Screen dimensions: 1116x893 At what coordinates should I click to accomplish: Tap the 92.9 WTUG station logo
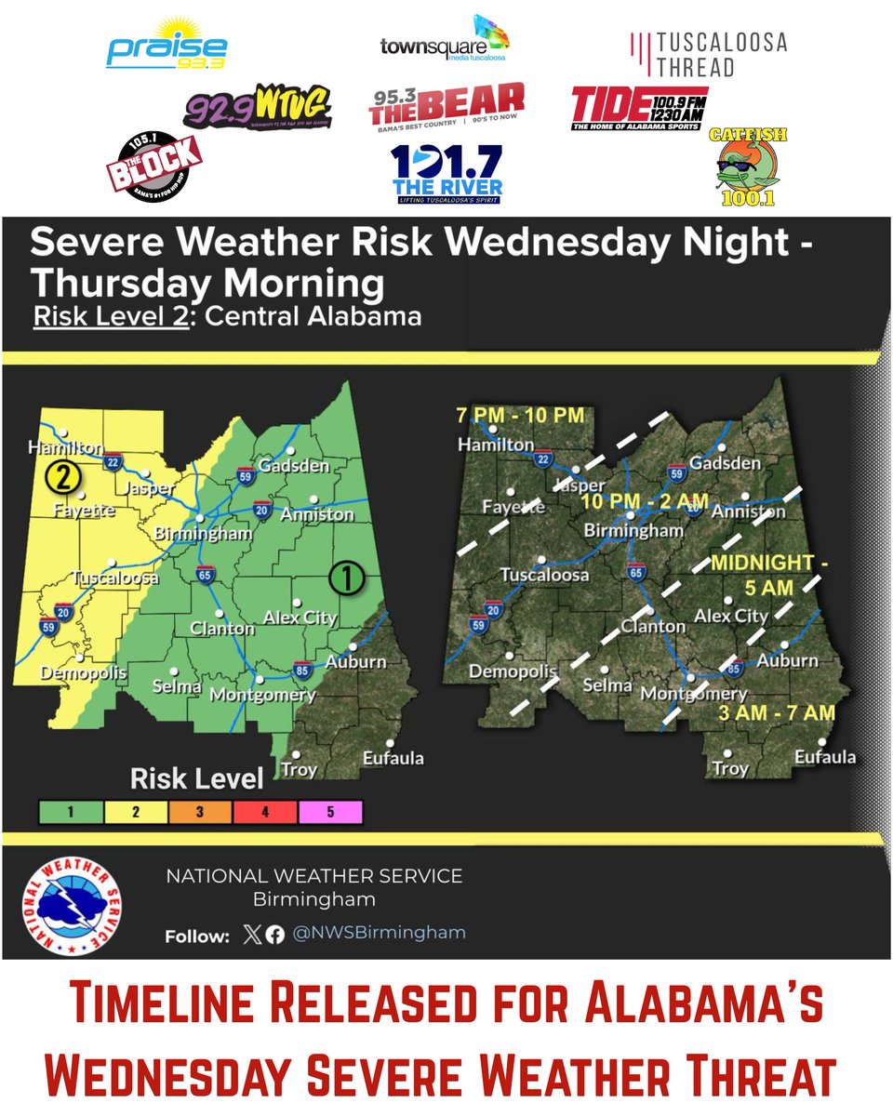tap(257, 111)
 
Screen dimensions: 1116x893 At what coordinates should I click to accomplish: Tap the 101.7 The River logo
tap(446, 173)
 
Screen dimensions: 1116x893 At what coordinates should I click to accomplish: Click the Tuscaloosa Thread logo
tap(708, 54)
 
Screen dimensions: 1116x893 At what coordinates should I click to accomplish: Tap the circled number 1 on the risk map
tap(345, 578)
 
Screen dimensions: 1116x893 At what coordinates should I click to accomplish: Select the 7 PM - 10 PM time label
tap(519, 415)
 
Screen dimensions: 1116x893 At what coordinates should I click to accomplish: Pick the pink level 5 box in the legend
tap(330, 812)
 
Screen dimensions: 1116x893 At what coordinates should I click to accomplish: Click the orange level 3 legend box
tap(200, 812)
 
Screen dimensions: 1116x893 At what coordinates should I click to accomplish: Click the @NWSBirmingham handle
tap(380, 933)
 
